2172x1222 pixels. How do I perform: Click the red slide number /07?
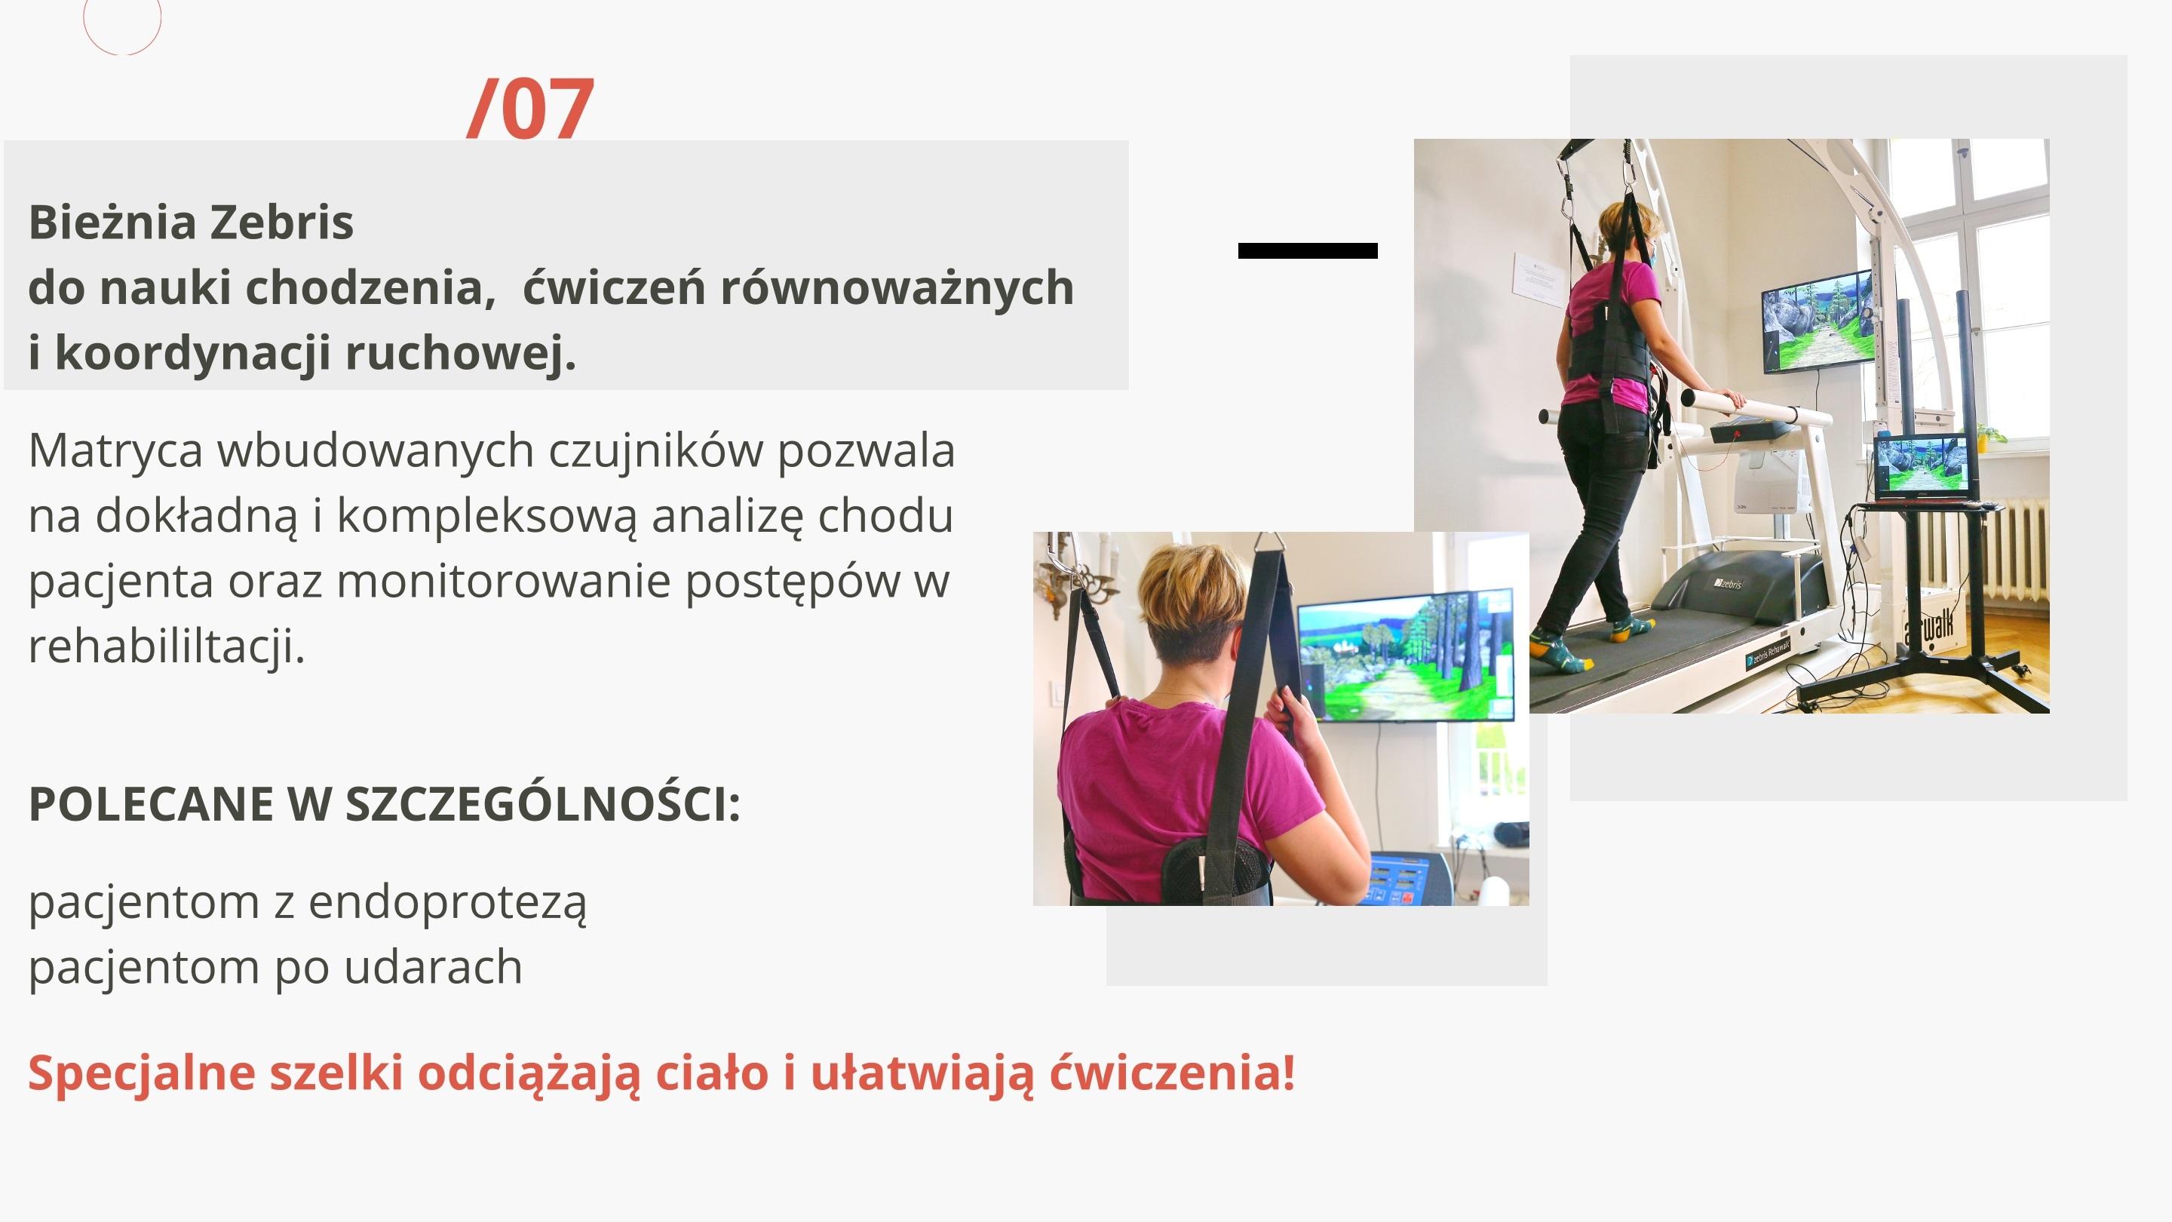click(x=531, y=108)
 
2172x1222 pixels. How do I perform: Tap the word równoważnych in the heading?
click(x=897, y=288)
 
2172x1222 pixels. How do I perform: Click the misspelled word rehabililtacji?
click(x=167, y=647)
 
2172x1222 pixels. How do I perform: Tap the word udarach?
click(x=434, y=966)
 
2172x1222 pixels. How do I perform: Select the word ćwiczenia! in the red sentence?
click(x=1172, y=1073)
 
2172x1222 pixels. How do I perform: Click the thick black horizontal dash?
click(x=1308, y=250)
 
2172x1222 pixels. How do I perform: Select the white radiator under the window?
click(x=2014, y=548)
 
